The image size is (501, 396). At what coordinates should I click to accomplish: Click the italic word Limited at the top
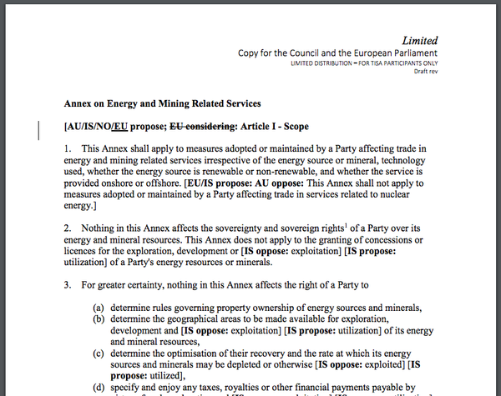coord(419,40)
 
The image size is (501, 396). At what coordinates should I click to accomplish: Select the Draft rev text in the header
coord(426,72)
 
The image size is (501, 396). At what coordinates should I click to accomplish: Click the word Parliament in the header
coord(407,53)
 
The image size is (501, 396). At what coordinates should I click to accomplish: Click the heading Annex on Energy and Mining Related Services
coord(163,104)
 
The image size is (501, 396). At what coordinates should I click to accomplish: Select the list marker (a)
coord(98,306)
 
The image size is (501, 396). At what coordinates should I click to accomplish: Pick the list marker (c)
coord(98,353)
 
